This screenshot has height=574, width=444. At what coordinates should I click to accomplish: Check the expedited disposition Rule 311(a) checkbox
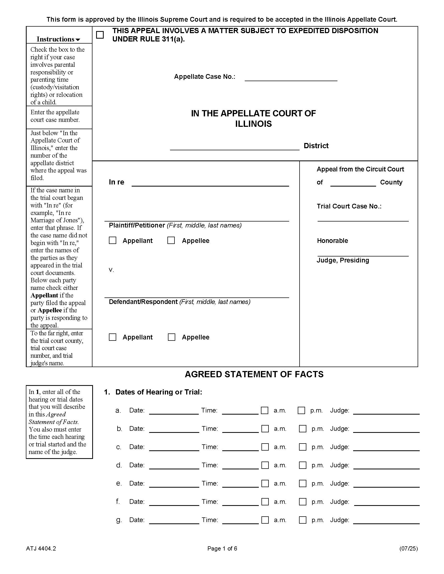tap(100, 35)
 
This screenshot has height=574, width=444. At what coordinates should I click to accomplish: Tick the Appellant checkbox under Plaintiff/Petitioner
tap(113, 241)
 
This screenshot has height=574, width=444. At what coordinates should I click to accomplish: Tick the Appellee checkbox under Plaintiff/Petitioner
tap(171, 241)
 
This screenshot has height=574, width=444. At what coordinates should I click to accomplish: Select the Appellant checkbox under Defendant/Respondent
tap(113, 337)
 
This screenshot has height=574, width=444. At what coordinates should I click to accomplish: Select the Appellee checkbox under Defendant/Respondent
tap(172, 337)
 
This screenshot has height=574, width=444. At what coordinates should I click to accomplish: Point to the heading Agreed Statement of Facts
tap(254, 374)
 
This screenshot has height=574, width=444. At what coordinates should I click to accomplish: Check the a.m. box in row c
tap(265, 447)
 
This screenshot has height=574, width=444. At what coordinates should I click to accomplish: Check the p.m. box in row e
tap(303, 483)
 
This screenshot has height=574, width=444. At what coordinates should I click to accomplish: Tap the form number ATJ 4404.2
tap(41, 548)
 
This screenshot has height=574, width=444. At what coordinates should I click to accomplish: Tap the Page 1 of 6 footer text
tap(222, 548)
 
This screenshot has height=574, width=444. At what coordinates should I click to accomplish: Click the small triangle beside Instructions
tap(78, 40)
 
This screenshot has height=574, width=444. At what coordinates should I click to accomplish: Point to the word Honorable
tap(332, 241)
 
